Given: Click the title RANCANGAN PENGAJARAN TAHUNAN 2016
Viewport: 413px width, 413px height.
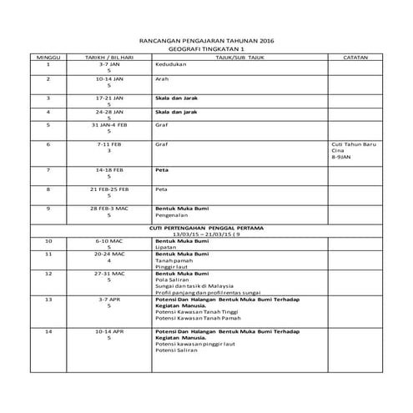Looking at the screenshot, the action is pos(206,41).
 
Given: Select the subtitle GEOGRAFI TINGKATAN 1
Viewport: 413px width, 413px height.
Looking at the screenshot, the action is pos(206,49).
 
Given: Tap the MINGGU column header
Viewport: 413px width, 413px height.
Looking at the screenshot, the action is pos(48,57).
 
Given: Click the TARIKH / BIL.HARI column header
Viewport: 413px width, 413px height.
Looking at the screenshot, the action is pos(109,57).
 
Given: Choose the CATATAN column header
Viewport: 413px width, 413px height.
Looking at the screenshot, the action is pos(355,57).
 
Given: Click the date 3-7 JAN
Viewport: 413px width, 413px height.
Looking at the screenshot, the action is pos(109,63).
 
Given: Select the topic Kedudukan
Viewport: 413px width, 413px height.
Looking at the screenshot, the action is pos(168,63).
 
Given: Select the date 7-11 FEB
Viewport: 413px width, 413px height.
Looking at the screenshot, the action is pos(109,144).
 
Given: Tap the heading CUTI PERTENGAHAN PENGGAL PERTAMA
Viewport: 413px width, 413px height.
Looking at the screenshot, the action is pos(206,227).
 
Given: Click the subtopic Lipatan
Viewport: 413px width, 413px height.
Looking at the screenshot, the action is pos(166,246).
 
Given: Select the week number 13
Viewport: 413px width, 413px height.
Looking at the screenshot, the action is pos(48,298).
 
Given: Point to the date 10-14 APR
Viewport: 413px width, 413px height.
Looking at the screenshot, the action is pos(109,331).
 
